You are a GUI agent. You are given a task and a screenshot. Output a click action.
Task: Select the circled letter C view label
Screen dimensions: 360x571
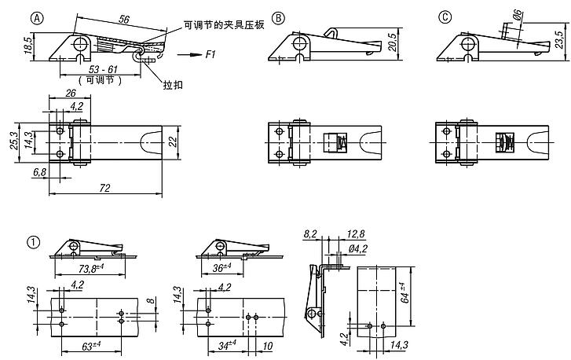click(445, 17)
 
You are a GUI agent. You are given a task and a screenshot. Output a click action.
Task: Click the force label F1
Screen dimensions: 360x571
click(211, 55)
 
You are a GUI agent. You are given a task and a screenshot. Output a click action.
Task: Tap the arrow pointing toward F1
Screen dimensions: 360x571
click(186, 55)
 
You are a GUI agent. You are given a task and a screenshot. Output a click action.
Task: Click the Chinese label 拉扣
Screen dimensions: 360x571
click(173, 83)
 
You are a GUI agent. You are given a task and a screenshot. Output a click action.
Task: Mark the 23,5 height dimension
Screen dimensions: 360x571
click(559, 39)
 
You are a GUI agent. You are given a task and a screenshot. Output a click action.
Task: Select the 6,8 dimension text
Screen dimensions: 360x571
click(37, 171)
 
